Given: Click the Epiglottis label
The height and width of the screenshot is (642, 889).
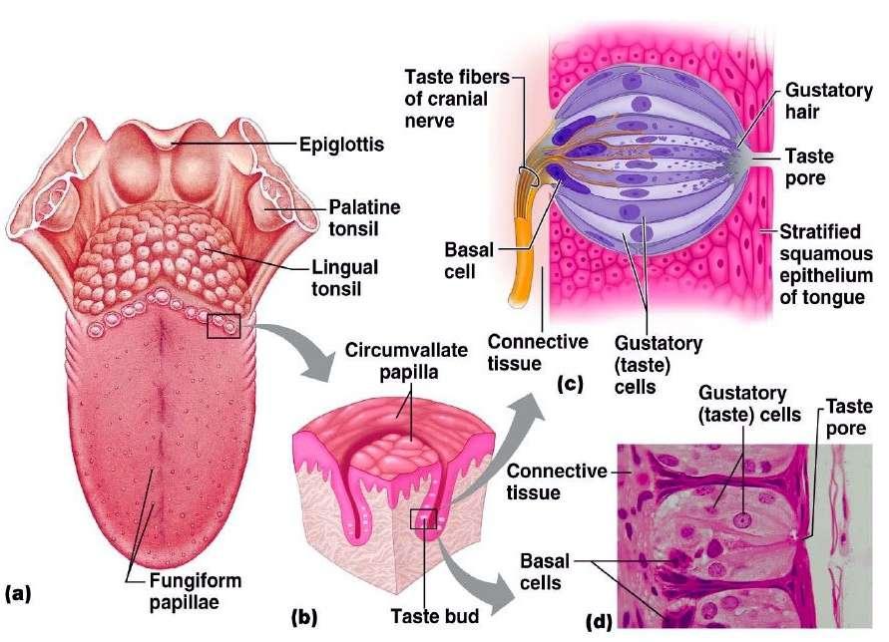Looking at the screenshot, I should click(341, 146).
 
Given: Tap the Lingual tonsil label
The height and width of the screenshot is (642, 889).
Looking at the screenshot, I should click(346, 278).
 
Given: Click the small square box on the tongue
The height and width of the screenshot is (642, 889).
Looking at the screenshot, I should click(222, 325).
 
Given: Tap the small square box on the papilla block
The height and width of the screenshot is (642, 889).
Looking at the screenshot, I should click(424, 518).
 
